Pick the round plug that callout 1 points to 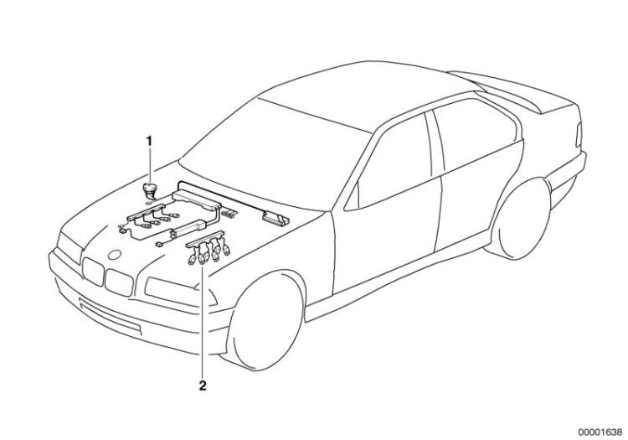tap(151, 189)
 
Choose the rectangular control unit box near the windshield tap(275, 220)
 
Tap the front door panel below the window tap(385, 243)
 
